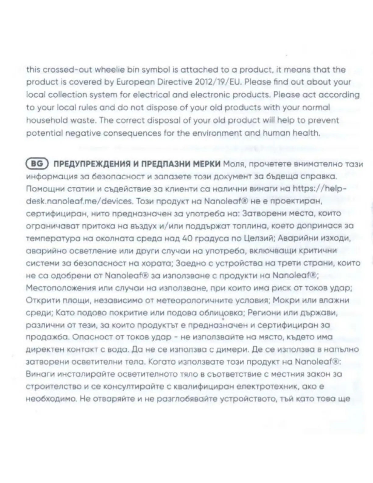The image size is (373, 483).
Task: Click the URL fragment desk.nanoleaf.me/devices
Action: (79, 201)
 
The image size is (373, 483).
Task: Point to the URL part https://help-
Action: (319, 189)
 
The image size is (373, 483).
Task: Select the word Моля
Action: (233, 164)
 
